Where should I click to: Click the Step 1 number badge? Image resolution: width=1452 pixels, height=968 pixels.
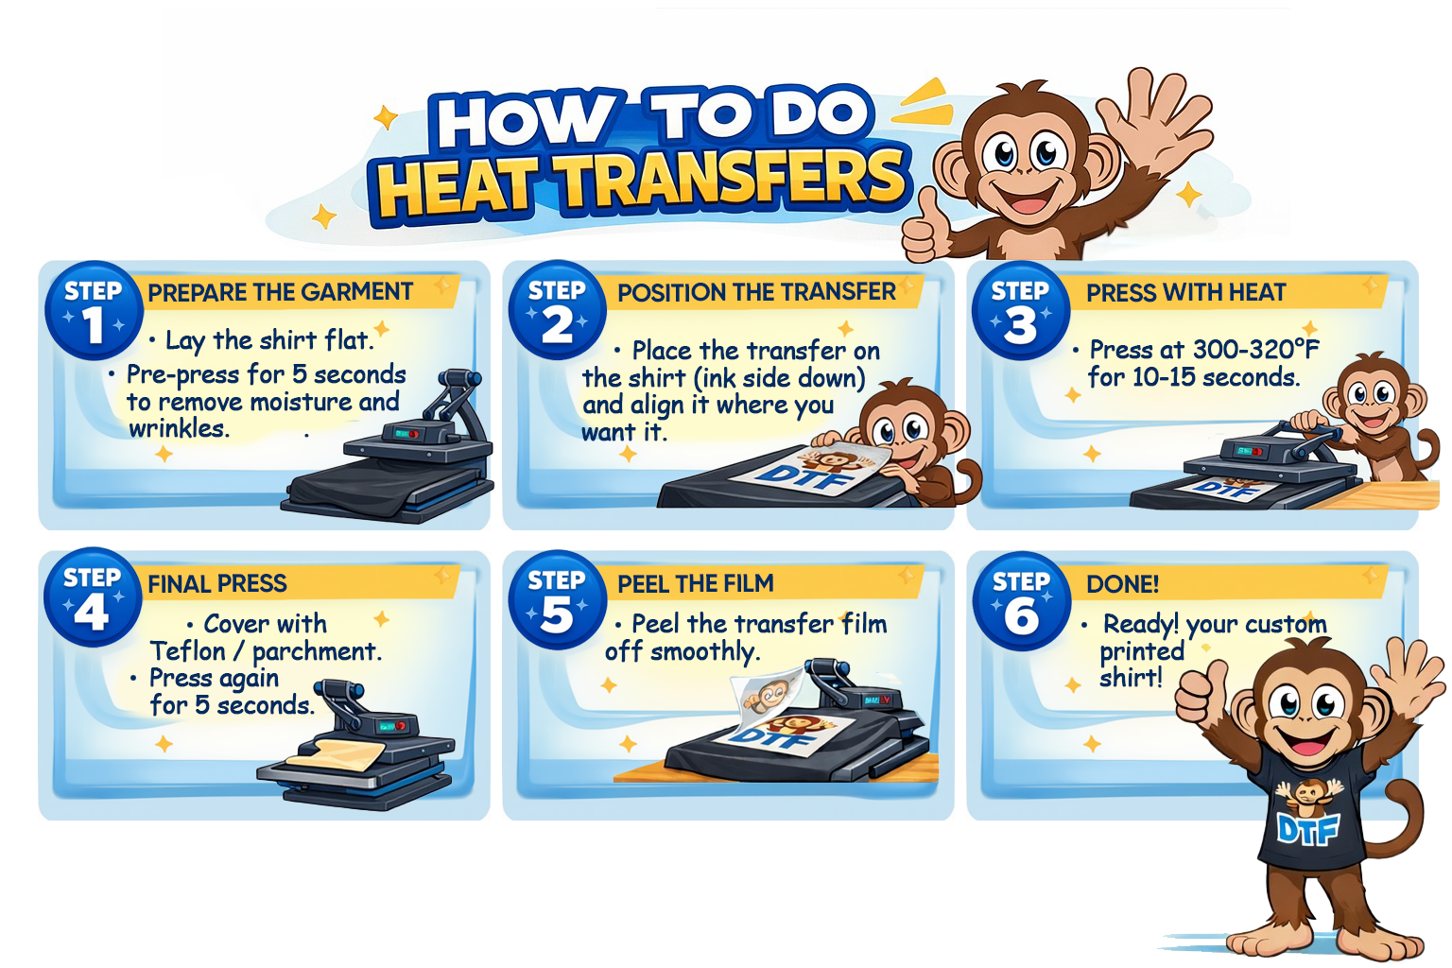94,311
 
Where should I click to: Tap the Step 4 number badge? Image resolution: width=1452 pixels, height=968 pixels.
93,597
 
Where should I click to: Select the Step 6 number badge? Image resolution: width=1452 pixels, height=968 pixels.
1022,601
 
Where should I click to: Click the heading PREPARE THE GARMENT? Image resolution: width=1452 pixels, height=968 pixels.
280,292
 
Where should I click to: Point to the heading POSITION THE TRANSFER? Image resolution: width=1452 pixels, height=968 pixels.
756,292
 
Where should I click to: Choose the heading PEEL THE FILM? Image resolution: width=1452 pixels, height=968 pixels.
696,583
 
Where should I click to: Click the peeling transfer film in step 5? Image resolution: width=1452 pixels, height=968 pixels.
769,693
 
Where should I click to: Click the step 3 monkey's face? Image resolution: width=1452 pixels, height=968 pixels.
1371,399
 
